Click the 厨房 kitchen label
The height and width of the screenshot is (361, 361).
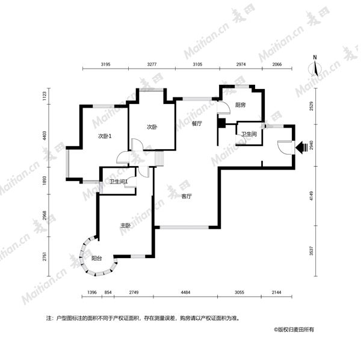[240, 105]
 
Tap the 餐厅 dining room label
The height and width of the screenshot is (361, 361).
[197, 123]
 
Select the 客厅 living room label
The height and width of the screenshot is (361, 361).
[187, 196]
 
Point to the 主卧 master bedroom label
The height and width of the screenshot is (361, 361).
[126, 226]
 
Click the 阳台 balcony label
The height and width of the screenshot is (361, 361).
[97, 258]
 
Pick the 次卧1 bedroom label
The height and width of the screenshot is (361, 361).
[105, 137]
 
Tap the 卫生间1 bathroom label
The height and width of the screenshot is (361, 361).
[119, 182]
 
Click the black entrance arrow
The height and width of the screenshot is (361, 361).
[301, 147]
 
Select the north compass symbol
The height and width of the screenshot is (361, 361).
[315, 67]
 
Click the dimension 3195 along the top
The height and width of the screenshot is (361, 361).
[105, 64]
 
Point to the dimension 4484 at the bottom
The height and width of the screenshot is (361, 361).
[185, 292]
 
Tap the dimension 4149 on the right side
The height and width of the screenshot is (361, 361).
[311, 196]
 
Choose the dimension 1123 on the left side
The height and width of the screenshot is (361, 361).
[45, 96]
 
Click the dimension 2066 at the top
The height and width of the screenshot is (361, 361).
[277, 64]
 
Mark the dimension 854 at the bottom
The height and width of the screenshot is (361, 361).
[108, 292]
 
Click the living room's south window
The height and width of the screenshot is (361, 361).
[184, 227]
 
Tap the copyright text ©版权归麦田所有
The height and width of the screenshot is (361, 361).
[294, 330]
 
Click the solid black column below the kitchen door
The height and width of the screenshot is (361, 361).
[221, 123]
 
